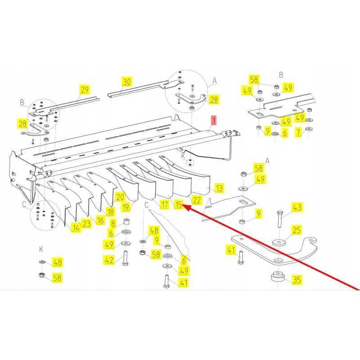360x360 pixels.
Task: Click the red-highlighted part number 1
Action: [x=214, y=120]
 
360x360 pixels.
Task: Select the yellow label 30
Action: [x=126, y=81]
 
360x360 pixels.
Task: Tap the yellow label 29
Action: [x=85, y=90]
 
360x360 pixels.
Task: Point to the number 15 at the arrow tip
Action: [x=179, y=204]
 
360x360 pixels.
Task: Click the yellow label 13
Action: [x=219, y=188]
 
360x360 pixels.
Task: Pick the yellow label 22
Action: [x=197, y=200]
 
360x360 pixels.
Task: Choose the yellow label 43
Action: [x=297, y=207]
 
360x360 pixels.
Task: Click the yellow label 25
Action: [x=297, y=230]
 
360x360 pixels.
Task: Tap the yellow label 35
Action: [x=297, y=279]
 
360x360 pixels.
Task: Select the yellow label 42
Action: [x=109, y=260]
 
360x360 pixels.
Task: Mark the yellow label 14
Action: [x=76, y=228]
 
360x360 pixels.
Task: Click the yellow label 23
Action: [x=86, y=223]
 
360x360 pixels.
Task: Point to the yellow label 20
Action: [x=120, y=197]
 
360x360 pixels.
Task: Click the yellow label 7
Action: [x=298, y=132]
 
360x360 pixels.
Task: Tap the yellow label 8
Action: [x=113, y=223]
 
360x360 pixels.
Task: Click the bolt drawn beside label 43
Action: [x=280, y=219]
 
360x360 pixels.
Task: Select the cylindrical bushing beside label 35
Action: [x=278, y=277]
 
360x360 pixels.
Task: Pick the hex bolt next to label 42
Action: [x=126, y=258]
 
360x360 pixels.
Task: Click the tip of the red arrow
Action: [x=184, y=206]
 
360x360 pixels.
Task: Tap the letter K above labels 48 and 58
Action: [x=41, y=249]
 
